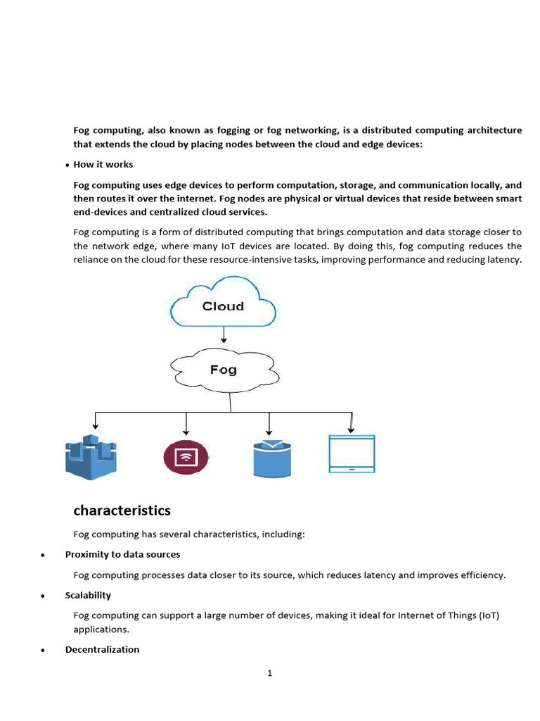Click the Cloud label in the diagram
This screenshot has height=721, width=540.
(x=223, y=306)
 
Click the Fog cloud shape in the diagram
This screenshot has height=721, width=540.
(x=224, y=370)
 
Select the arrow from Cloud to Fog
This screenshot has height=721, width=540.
(x=224, y=335)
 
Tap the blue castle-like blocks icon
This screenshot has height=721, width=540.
(x=91, y=457)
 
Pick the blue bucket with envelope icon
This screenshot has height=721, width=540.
(x=271, y=458)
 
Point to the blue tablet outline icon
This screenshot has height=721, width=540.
(x=352, y=454)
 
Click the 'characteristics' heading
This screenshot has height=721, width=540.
(x=122, y=510)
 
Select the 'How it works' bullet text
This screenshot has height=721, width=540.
(x=103, y=164)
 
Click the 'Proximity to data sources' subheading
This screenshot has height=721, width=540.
(x=122, y=554)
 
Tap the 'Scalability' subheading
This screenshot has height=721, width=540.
(x=88, y=595)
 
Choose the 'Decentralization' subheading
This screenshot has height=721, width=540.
(x=102, y=649)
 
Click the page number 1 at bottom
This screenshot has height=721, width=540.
(x=269, y=673)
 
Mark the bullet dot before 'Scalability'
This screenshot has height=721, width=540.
(x=44, y=596)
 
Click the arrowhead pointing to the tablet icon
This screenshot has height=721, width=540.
(x=352, y=430)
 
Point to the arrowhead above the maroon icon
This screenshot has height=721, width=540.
(x=186, y=431)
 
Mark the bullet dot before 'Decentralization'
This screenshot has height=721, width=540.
(x=44, y=650)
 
